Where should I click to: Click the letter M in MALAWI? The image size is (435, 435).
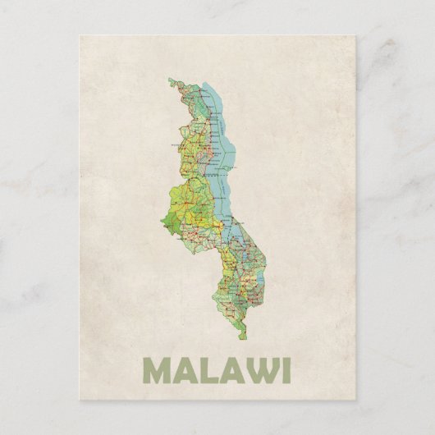(x=158, y=369)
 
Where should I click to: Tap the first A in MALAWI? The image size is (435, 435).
(x=185, y=369)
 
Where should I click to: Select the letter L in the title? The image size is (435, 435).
(x=208, y=369)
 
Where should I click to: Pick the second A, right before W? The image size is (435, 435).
(x=231, y=369)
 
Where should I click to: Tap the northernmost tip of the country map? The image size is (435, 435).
(x=171, y=79)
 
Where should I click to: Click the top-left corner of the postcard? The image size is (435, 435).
(x=80, y=36)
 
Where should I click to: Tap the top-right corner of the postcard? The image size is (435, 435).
(x=355, y=36)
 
